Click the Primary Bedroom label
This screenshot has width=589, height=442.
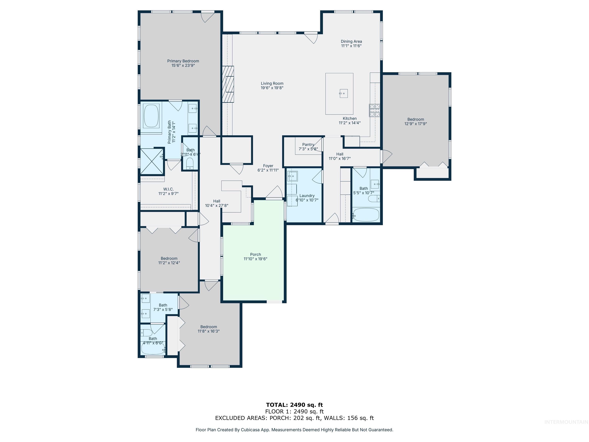(183, 61)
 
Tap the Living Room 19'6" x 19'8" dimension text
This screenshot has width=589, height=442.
(272, 88)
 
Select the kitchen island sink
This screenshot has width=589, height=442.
(344, 93)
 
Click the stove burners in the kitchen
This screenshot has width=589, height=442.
(374, 110)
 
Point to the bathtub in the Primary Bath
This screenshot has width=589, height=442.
(151, 116)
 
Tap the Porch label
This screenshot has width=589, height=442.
(255, 254)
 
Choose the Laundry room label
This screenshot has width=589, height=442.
(307, 195)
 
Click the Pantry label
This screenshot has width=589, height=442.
(308, 144)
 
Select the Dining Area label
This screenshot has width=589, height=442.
(351, 41)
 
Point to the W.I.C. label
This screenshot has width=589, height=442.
(168, 189)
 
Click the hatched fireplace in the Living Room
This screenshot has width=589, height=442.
(228, 84)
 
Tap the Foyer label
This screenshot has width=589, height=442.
(268, 166)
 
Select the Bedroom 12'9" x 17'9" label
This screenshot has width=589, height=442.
(415, 119)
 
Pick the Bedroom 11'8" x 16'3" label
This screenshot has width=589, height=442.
(208, 327)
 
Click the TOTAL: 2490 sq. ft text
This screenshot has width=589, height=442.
(294, 405)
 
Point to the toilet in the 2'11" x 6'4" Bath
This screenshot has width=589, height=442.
(190, 163)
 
